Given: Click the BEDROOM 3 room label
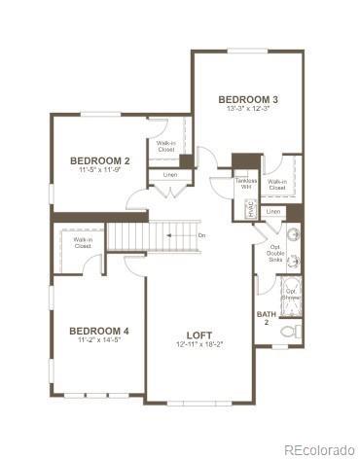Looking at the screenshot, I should click(248, 99).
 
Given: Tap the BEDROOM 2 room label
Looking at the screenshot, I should click(100, 160).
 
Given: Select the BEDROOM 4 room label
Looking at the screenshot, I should click(99, 331).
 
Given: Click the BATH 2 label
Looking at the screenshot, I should click(265, 318).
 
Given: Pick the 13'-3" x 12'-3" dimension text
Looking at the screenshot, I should click(248, 109).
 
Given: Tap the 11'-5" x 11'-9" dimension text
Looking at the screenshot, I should click(100, 170).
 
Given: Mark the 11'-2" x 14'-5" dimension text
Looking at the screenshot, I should click(99, 341).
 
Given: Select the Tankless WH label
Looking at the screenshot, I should click(245, 184).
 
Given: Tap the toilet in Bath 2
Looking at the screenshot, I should click(290, 332).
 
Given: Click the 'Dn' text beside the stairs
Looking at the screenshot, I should click(201, 235).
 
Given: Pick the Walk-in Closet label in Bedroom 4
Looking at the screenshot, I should click(83, 243).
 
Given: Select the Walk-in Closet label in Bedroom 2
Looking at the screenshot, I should click(166, 148).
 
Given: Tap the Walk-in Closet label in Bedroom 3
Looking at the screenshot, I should click(277, 184).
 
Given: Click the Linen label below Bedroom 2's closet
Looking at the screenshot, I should click(170, 175).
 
